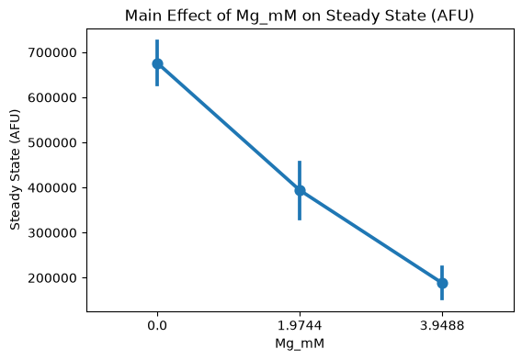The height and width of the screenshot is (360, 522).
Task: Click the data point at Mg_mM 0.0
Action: pyautogui.click(x=157, y=63)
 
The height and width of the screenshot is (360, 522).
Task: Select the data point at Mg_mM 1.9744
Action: pyautogui.click(x=300, y=190)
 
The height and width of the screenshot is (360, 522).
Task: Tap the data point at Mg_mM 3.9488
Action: pyautogui.click(x=442, y=283)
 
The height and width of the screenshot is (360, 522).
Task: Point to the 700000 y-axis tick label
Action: pyautogui.click(x=52, y=52)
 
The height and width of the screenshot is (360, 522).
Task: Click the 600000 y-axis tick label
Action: pyautogui.click(x=52, y=98)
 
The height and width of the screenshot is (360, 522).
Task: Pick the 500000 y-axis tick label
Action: pyautogui.click(x=52, y=142)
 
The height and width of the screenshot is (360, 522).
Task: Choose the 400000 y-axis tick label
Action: pyautogui.click(x=52, y=188)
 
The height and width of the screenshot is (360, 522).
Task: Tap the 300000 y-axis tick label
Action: pyautogui.click(x=52, y=233)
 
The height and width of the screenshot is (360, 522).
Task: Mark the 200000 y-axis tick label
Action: pyautogui.click(x=52, y=278)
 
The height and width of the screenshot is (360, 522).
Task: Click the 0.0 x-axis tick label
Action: pyautogui.click(x=157, y=325)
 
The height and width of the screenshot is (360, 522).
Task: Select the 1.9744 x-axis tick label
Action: pyautogui.click(x=300, y=325)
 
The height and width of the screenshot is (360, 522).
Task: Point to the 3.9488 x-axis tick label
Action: pyautogui.click(x=442, y=325)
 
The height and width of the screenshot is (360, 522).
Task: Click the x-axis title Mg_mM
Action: pyautogui.click(x=300, y=343)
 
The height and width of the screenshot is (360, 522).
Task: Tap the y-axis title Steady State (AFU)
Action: pyautogui.click(x=15, y=170)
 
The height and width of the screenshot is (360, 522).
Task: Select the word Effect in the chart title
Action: pyautogui.click(x=189, y=16)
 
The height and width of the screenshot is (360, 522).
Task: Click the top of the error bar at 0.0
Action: pyautogui.click(x=157, y=39)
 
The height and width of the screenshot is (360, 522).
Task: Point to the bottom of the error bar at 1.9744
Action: pyautogui.click(x=300, y=219)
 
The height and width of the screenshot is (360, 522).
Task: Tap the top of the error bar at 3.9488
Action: pyautogui.click(x=442, y=265)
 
